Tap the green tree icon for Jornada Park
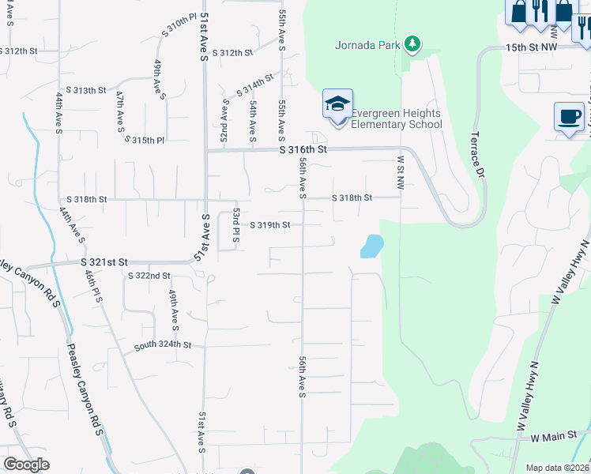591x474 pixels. pyautogui.click(x=411, y=43)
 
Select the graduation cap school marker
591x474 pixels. pyautogui.click(x=337, y=103)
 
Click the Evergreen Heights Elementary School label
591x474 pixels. pyautogui.click(x=396, y=118)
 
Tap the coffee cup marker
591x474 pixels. pyautogui.click(x=569, y=118)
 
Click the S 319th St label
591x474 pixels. pyautogui.click(x=270, y=225)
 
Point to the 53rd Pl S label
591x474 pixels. pyautogui.click(x=235, y=225)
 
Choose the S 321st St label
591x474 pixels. pyautogui.click(x=104, y=261)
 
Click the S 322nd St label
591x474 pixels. pyautogui.click(x=149, y=276)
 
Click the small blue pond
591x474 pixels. pyautogui.click(x=371, y=246)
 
